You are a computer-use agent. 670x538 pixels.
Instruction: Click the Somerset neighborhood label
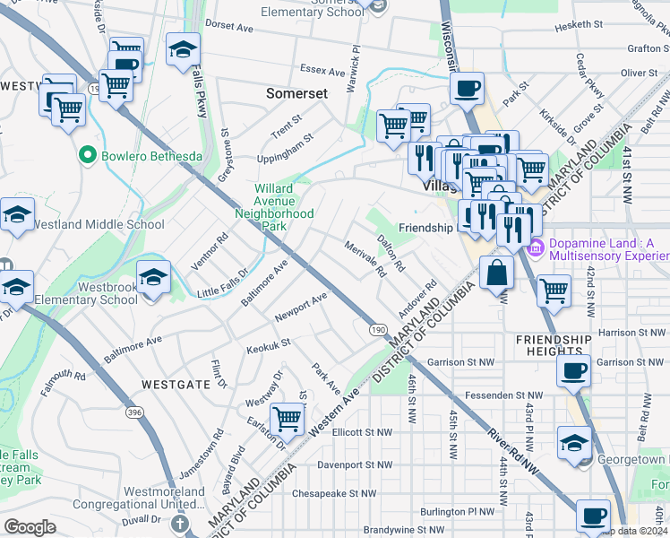click(297, 92)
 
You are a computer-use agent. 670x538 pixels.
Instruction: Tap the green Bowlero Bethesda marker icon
click(88, 156)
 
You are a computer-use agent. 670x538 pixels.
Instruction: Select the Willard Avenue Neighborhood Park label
click(274, 207)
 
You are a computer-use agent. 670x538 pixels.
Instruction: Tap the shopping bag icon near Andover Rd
click(496, 273)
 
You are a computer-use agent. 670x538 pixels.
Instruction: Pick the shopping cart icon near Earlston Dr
click(287, 417)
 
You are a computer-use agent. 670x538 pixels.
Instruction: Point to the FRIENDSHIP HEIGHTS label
click(554, 346)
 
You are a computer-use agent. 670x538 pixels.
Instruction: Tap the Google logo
click(30, 526)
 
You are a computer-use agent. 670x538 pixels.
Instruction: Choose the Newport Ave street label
click(301, 306)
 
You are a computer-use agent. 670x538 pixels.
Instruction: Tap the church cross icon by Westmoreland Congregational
click(179, 523)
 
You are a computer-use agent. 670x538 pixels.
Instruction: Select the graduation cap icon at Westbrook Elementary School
click(154, 276)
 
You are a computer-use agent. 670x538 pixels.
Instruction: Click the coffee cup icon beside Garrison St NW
click(573, 369)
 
